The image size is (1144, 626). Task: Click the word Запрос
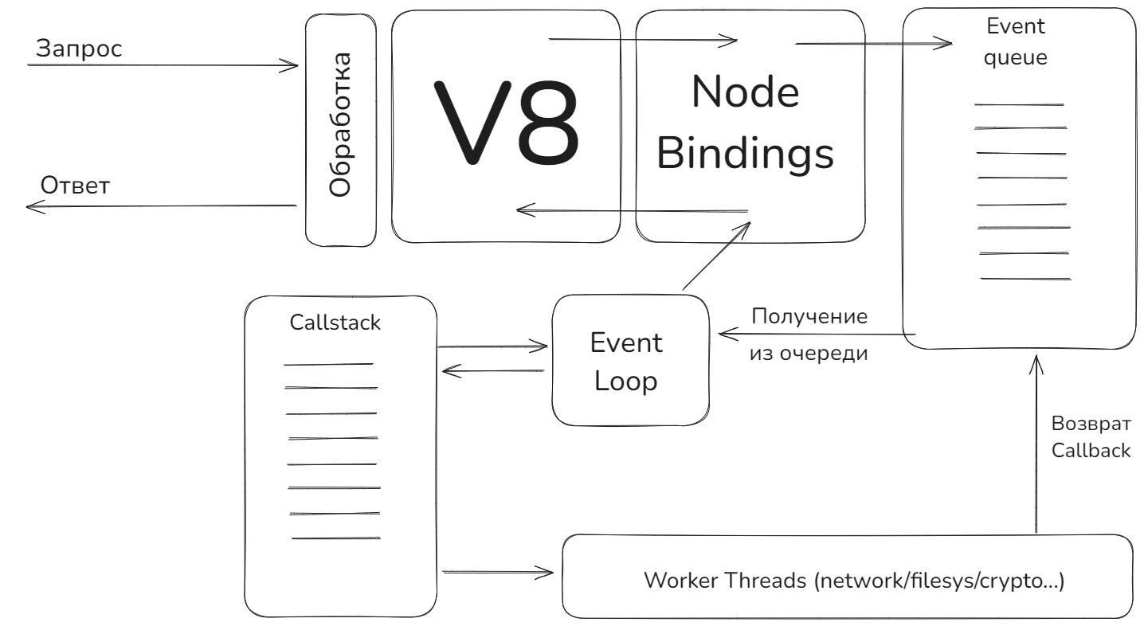[79, 49]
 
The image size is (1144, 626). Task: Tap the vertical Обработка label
[340, 125]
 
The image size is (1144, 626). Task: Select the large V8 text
[506, 124]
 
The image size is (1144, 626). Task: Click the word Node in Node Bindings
[745, 93]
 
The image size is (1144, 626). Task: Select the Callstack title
[335, 323]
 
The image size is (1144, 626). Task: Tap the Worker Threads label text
[852, 579]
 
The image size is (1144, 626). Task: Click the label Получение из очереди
[809, 335]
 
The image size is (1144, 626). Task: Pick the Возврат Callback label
[1090, 436]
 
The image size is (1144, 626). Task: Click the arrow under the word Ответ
[159, 206]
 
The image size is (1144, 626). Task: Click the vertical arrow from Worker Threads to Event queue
[1036, 446]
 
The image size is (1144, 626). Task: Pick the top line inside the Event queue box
[1019, 104]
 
